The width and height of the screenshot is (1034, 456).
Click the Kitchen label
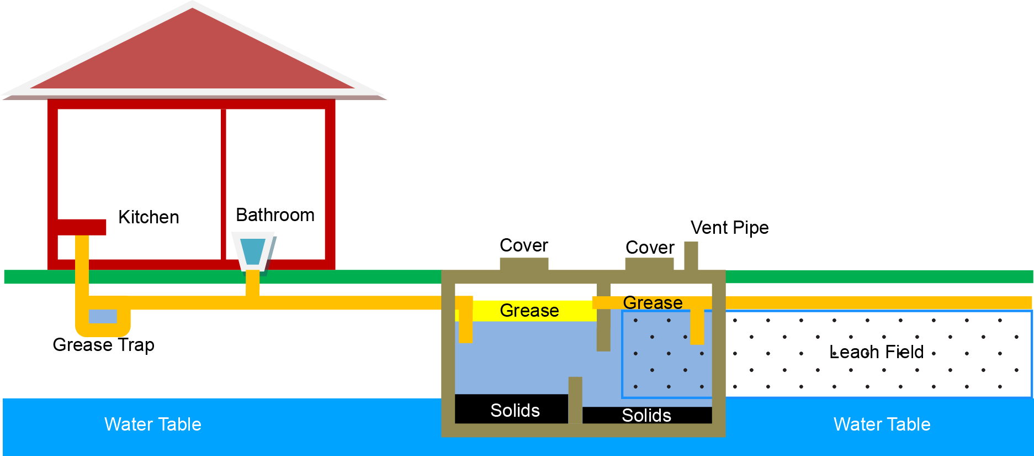tap(149, 217)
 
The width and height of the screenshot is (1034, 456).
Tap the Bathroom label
tap(275, 215)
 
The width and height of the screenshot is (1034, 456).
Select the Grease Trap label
tap(103, 345)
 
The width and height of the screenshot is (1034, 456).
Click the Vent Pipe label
tap(729, 228)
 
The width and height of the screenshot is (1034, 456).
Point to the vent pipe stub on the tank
tap(691, 255)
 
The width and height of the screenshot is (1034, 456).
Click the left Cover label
tap(524, 245)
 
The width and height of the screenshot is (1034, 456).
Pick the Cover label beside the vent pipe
tap(650, 248)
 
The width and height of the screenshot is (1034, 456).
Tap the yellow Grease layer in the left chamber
tap(529, 311)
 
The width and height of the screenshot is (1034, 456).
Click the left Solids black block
tap(511, 410)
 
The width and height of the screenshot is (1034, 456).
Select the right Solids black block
tap(646, 416)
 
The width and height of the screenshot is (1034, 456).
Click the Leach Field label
tap(876, 352)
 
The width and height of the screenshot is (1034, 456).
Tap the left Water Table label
tap(153, 424)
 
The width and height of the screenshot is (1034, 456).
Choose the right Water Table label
tap(882, 424)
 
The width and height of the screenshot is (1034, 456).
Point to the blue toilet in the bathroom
tap(253, 251)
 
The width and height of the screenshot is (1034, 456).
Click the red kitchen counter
tap(81, 227)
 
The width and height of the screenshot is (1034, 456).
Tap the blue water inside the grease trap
tap(103, 316)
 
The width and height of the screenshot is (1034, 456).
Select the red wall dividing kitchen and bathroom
tap(224, 182)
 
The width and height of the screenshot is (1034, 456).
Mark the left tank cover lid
tap(524, 264)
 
